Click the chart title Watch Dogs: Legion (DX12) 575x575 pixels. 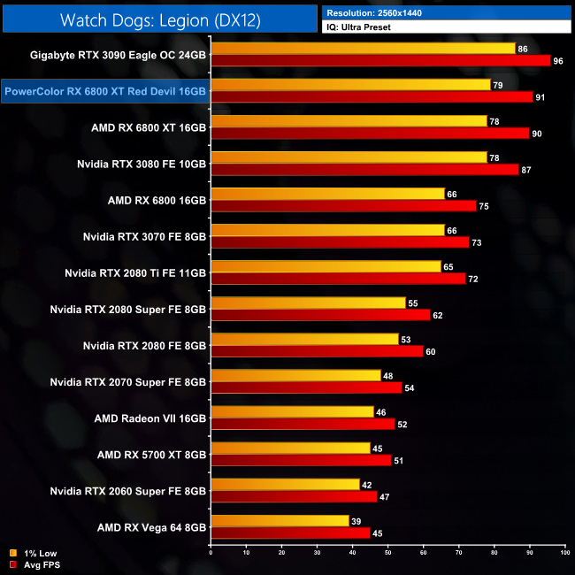click(x=159, y=19)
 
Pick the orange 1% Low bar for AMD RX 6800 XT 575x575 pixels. click(x=349, y=121)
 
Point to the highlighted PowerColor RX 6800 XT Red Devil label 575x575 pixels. click(x=105, y=90)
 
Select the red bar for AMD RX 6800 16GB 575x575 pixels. click(x=343, y=205)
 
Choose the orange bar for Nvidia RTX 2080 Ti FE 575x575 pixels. click(x=326, y=266)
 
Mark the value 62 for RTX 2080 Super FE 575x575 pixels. click(x=439, y=314)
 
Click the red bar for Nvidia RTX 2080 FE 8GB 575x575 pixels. click(x=317, y=350)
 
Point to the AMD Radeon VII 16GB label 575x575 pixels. click(x=150, y=417)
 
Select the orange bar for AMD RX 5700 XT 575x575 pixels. click(x=290, y=448)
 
